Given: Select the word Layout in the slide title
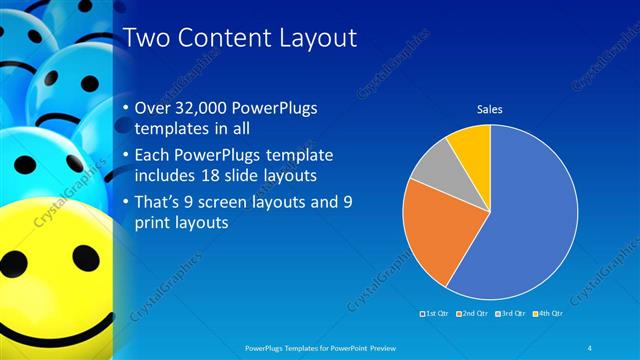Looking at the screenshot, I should click(313, 38).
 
